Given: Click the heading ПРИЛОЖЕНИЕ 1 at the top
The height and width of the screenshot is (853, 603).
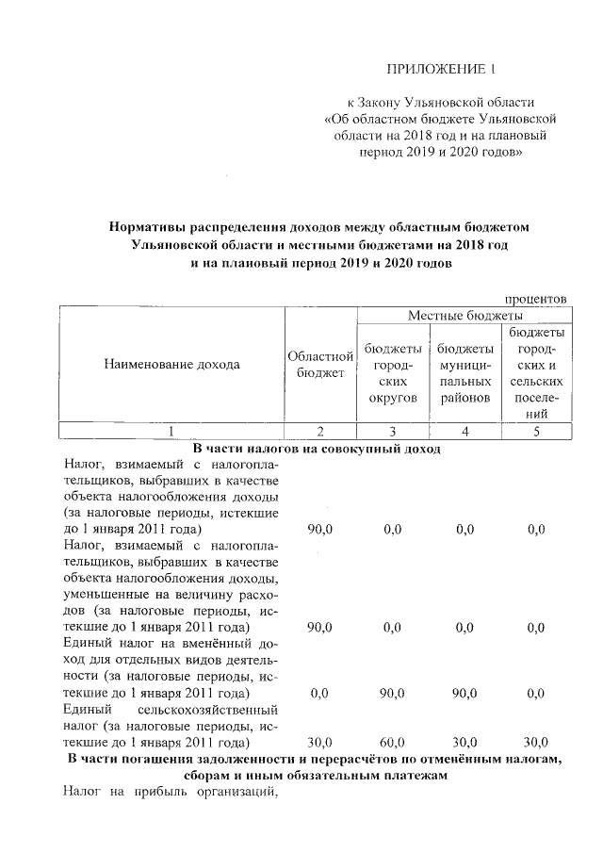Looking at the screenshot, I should pyautogui.click(x=440, y=70).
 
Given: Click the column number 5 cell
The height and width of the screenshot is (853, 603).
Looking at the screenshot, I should pyautogui.click(x=536, y=432).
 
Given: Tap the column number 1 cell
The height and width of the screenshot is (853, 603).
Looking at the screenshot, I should pyautogui.click(x=171, y=432).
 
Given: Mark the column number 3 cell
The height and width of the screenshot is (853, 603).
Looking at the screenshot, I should pyautogui.click(x=392, y=432).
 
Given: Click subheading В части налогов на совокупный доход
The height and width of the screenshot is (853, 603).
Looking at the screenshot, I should pyautogui.click(x=318, y=449).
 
